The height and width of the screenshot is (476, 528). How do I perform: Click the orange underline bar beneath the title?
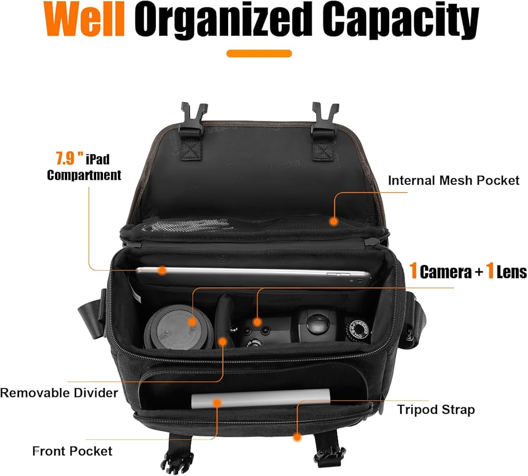(x=259, y=53)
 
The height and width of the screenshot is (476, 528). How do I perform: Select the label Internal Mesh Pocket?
(x=454, y=180)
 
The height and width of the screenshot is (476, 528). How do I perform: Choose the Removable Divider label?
(x=59, y=393)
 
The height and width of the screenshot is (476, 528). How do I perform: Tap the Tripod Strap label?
(x=436, y=410)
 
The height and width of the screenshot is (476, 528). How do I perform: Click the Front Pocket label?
(x=72, y=451)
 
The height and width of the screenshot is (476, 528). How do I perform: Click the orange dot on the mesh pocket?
(x=333, y=221)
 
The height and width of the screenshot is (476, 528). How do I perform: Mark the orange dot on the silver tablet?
(x=162, y=270)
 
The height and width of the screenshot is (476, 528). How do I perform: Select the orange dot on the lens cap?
(x=192, y=321)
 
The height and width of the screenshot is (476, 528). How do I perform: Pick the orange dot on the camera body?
(x=257, y=321)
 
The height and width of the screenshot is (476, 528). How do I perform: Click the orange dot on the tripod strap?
(x=297, y=437)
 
